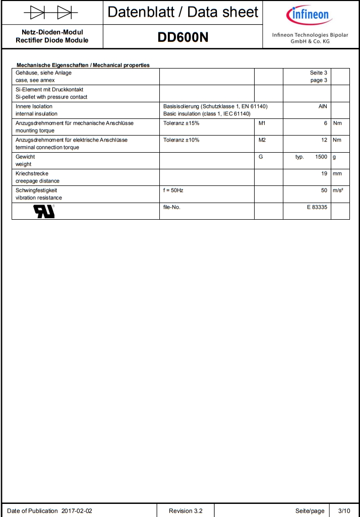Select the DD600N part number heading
pos(183,37)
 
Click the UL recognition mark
pos(44,211)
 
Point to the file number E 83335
pos(317,207)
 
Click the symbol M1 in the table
pos(262,123)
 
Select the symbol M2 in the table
pos(262,140)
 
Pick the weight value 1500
pos(321,157)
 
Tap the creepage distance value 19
pos(324,173)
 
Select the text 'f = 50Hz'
pos(173,190)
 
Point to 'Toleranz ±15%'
pos(181,123)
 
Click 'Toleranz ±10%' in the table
pos(181,140)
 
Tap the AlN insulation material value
pos(323,106)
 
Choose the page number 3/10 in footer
pos(344,510)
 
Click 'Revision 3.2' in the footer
pos(186,510)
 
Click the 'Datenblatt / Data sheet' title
pos(183,12)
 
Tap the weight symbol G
pos(261,157)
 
